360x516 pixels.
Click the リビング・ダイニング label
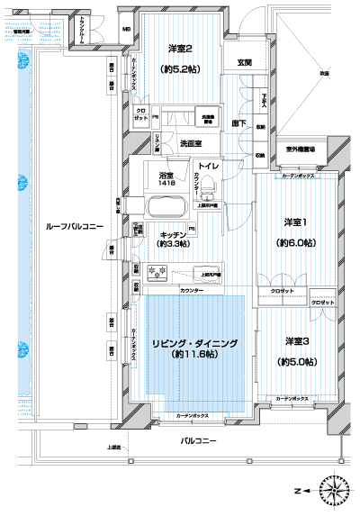pyautogui.click(x=193, y=344)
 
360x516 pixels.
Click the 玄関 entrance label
pyautogui.click(x=244, y=62)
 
